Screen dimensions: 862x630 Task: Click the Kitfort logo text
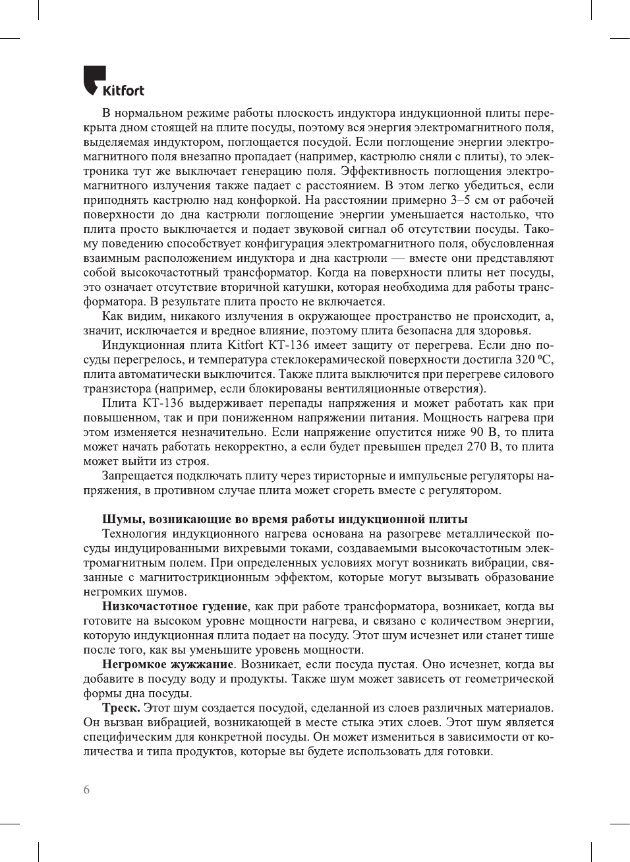click(123, 90)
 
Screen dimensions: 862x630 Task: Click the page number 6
click(86, 789)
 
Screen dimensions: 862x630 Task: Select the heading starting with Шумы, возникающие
click(285, 519)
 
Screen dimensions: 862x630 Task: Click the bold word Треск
click(121, 708)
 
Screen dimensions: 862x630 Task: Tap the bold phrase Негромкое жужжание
click(168, 664)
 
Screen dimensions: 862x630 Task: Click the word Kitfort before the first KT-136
click(245, 345)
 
